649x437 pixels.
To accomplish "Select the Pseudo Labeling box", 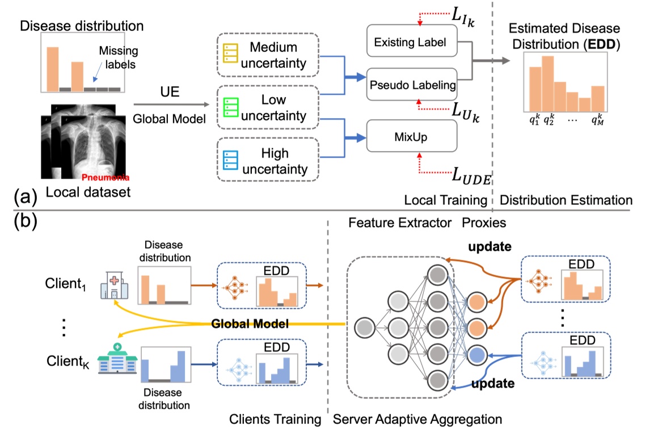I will click(411, 86).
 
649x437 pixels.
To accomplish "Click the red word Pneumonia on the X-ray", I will click(101, 177).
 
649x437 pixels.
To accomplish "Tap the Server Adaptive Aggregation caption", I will click(418, 419).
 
